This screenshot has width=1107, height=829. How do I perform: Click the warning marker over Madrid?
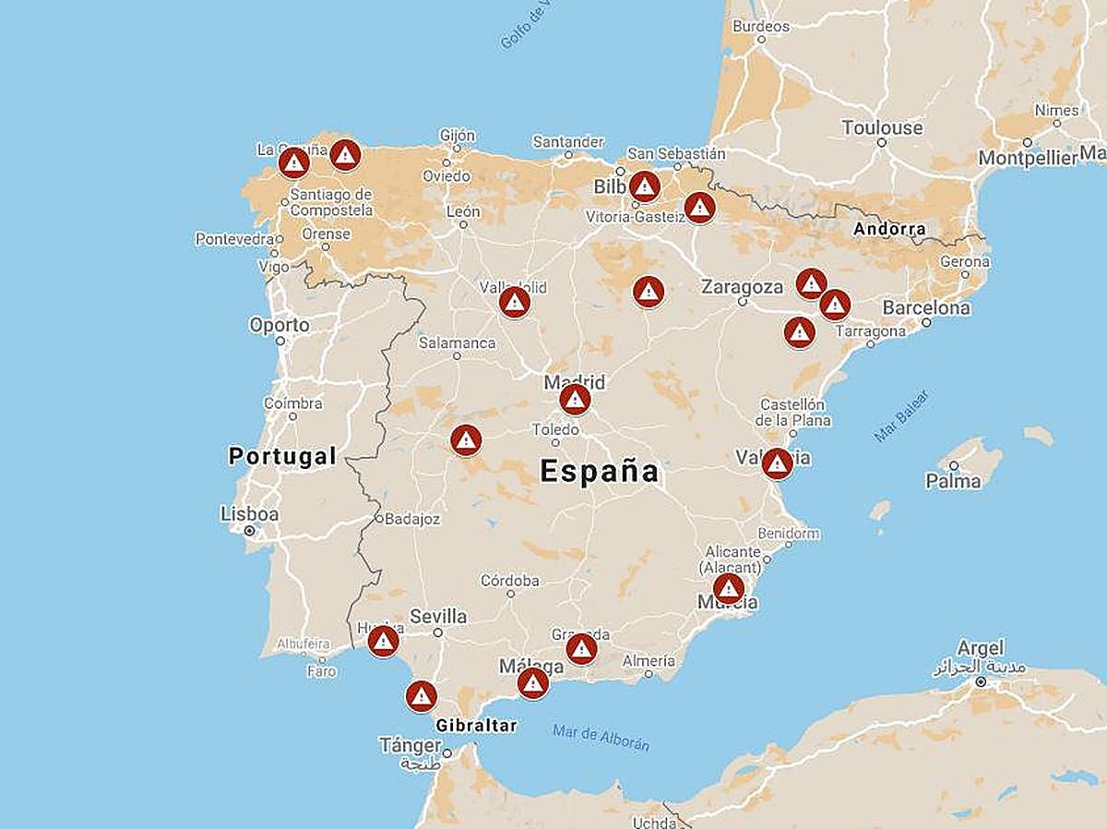tap(575, 400)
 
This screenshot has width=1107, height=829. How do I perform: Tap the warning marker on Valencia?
tap(778, 463)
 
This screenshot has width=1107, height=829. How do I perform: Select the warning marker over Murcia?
tap(729, 588)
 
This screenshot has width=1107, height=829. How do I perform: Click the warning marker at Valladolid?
tap(515, 302)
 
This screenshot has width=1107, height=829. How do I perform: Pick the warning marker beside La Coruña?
tap(294, 163)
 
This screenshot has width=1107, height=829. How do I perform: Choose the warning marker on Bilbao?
tap(645, 186)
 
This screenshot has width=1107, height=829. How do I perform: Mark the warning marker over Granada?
tap(581, 649)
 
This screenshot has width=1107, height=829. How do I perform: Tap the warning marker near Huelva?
tap(383, 641)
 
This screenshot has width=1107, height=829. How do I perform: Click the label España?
tap(600, 472)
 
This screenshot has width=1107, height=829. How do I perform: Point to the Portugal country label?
tap(282, 456)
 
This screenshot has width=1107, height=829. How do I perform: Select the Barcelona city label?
tap(926, 307)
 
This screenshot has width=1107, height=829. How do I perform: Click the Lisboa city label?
tap(250, 514)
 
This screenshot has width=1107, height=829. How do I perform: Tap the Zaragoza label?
tap(742, 286)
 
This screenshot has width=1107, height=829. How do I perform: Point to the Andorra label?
tap(889, 229)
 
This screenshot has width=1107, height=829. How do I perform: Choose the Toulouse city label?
tap(882, 127)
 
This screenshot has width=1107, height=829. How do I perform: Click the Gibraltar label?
tap(476, 726)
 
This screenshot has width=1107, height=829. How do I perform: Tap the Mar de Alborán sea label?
tap(601, 738)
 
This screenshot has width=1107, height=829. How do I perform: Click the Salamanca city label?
tap(458, 343)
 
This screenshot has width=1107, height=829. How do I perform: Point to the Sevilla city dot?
tap(438, 633)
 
